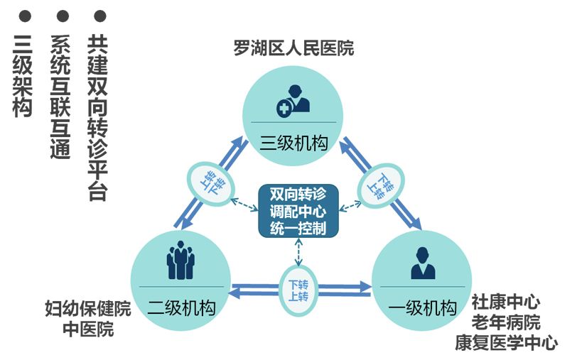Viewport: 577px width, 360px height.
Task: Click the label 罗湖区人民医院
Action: click(293, 48)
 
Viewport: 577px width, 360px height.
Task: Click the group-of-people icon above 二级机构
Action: click(180, 261)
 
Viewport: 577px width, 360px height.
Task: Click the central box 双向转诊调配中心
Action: click(298, 211)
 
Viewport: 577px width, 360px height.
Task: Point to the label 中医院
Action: click(88, 329)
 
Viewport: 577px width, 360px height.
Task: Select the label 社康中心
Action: click(506, 301)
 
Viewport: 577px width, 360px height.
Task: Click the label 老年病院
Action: click(506, 322)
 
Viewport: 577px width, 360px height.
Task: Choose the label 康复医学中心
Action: click(506, 343)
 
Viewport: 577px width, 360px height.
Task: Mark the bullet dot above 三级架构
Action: click(25, 16)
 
